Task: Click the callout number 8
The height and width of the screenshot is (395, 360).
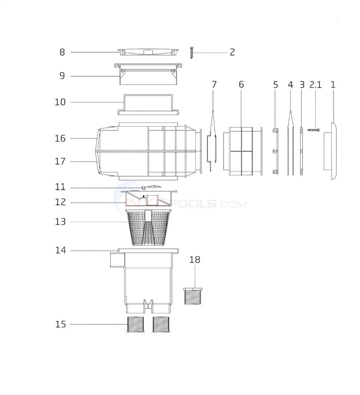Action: (62, 52)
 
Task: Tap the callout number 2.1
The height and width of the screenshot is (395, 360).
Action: (316, 85)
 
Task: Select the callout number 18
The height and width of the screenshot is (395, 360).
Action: (195, 260)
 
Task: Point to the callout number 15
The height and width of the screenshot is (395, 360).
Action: (61, 324)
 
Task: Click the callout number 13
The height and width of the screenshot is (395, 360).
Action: (60, 222)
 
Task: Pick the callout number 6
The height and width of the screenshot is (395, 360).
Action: (241, 85)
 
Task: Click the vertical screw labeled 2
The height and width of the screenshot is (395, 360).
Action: (191, 53)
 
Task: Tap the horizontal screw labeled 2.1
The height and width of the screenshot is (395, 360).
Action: (314, 130)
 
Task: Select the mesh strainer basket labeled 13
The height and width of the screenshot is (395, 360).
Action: (148, 228)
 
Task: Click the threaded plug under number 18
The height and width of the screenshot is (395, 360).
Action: (192, 296)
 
